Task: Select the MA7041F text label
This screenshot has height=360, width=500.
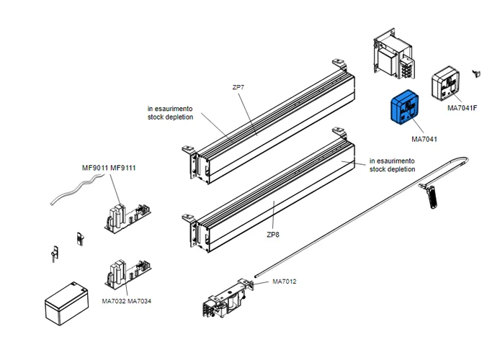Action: (462, 109)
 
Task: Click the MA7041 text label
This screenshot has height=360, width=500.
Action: (425, 138)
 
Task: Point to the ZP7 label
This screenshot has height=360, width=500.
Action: (238, 87)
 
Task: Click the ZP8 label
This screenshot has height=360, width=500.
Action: (272, 235)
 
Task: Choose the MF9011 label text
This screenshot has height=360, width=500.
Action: (94, 168)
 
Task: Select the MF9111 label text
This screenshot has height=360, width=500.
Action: (123, 168)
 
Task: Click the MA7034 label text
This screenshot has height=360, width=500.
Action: (140, 300)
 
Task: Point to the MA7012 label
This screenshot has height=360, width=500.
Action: (285, 281)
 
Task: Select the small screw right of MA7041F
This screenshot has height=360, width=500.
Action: (475, 72)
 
